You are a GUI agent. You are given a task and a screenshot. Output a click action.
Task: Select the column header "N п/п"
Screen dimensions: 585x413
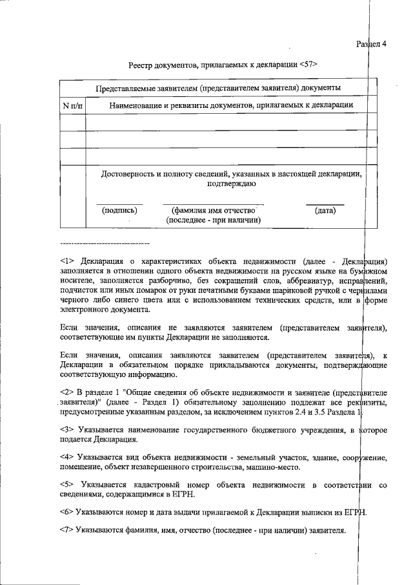(72, 105)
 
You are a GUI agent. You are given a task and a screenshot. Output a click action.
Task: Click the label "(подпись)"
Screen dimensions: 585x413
(119, 211)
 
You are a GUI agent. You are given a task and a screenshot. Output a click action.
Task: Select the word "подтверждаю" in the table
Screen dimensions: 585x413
(232, 184)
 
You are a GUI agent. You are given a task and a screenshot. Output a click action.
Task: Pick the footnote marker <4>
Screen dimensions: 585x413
(68, 458)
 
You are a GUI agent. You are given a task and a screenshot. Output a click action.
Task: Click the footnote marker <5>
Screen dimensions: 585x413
(68, 485)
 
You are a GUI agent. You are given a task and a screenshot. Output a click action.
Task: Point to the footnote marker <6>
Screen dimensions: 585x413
(68, 513)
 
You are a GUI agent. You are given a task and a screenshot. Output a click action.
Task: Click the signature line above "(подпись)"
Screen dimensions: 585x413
(119, 204)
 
